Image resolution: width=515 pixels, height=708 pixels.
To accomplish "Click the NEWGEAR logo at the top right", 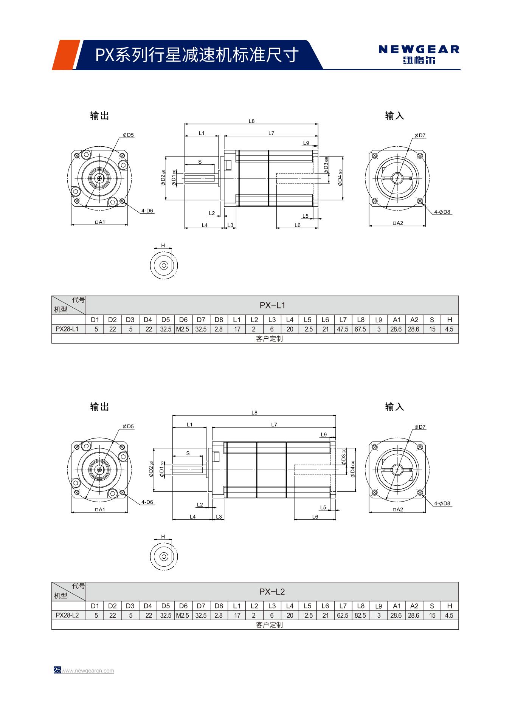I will coord(419,54).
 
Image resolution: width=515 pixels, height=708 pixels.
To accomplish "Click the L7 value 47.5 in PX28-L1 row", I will coord(343,329).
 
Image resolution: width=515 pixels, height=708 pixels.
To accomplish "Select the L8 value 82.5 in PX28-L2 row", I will coord(360,615).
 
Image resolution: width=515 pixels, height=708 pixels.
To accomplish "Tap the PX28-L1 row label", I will coord(67,329).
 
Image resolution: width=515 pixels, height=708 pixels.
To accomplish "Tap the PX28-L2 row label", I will coord(67,615).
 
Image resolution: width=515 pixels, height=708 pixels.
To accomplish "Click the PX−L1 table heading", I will coord(272,305).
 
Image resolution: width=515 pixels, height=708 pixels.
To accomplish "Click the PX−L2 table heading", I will coord(272,591).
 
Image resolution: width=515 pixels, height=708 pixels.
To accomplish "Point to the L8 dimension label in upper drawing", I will coord(251,121).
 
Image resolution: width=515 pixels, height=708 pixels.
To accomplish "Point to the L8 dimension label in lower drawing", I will coord(254,413).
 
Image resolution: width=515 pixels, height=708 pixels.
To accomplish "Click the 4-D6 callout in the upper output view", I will coord(147,211).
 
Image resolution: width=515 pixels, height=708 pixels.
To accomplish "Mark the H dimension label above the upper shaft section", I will coord(163,245).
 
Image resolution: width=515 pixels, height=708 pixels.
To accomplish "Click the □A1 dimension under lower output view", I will coord(99,509).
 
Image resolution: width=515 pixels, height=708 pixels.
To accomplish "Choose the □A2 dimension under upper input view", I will coord(397,223).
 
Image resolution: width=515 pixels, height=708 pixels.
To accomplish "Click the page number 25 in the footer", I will coord(57,670).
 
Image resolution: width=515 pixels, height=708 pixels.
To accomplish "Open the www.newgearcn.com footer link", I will coord(87,671).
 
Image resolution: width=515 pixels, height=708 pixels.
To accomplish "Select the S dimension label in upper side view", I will coord(200,162).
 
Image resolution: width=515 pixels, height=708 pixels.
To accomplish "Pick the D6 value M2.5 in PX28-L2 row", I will coord(183,615).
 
